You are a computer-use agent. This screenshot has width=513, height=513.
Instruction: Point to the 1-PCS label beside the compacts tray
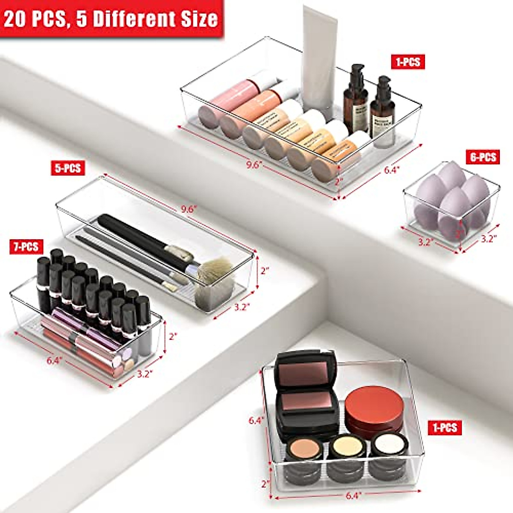pyautogui.click(x=445, y=427)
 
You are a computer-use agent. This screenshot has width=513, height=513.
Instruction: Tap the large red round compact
pyautogui.click(x=374, y=408)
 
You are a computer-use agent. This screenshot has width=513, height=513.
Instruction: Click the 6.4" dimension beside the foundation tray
pyautogui.click(x=391, y=170)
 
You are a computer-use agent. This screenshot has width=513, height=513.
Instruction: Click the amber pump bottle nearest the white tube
pyautogui.click(x=355, y=98)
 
